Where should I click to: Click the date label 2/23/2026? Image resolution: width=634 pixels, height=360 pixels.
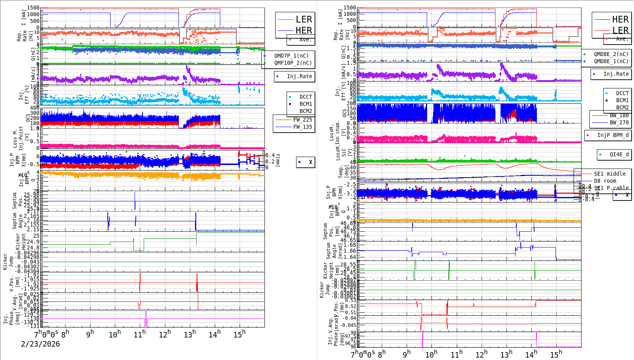tap(40, 344)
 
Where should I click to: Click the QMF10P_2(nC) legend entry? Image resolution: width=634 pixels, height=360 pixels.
tap(293, 63)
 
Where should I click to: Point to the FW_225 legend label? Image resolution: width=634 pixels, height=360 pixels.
tap(302, 120)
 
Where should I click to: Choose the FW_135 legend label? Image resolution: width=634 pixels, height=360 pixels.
tap(302, 127)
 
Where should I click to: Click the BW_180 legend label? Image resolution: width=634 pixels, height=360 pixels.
tap(619, 115)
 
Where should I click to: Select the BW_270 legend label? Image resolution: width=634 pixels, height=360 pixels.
tap(619, 122)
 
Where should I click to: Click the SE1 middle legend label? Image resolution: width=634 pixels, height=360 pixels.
tap(610, 174)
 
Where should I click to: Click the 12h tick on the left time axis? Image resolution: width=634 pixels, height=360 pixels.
tap(165, 335)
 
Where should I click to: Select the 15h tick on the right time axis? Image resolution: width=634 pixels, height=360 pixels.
tap(556, 354)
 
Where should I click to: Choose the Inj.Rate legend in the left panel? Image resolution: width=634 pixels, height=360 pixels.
tap(299, 76)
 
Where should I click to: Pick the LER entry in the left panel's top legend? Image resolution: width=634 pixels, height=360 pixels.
tap(304, 19)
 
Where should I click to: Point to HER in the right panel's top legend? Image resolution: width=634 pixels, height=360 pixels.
tap(620, 19)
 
